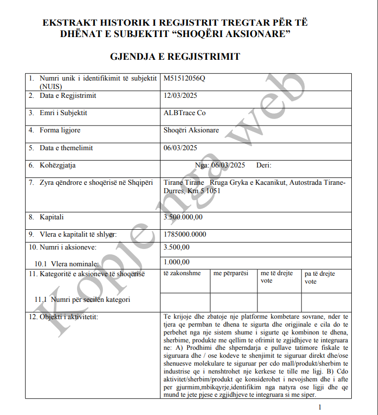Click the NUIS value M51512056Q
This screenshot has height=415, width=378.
point(184,79)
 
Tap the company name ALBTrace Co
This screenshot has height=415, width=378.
point(184,113)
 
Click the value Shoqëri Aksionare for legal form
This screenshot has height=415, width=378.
point(191,130)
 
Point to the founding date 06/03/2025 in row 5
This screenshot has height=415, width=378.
point(180,148)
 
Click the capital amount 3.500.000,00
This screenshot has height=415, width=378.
point(183,217)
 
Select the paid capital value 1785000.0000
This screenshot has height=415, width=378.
point(185,234)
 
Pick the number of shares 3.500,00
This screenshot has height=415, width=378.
point(176,247)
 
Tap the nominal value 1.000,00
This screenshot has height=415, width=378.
point(176,262)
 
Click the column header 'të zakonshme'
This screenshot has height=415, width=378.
point(182,273)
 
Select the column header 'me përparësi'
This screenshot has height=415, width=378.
point(231,273)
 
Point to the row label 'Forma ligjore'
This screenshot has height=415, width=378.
point(60,130)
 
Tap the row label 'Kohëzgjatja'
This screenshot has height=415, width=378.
point(58,165)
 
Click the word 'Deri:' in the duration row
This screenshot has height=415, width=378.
point(264,166)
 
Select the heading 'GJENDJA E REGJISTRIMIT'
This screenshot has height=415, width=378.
point(175,57)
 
